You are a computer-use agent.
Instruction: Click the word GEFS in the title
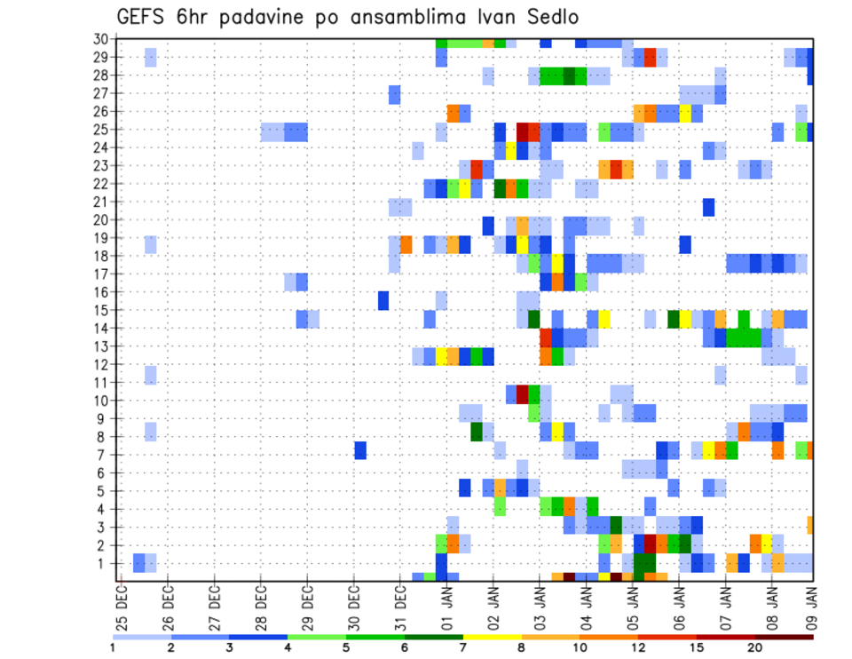(x=141, y=18)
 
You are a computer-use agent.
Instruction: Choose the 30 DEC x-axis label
(x=354, y=607)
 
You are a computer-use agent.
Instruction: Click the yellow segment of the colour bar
(x=493, y=637)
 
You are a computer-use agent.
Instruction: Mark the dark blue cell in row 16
(x=383, y=299)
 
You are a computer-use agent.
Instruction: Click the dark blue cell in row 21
(x=708, y=207)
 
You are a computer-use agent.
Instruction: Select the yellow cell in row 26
(x=685, y=113)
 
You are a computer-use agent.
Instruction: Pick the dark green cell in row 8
(x=477, y=432)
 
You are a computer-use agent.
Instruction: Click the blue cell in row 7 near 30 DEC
(x=360, y=450)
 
